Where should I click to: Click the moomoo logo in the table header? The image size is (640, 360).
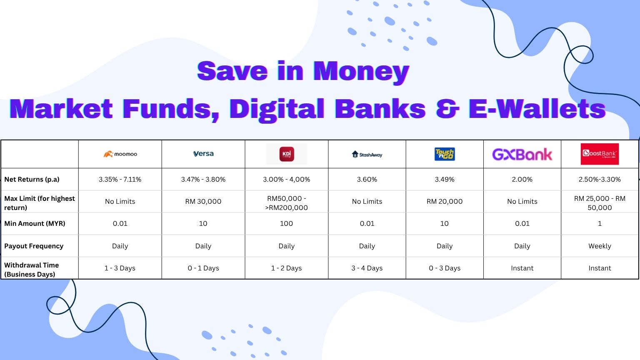[x=120, y=154]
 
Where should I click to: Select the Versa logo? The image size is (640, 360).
[x=203, y=154]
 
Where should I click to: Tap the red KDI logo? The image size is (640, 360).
[x=287, y=154]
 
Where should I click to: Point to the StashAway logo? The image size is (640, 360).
[x=367, y=154]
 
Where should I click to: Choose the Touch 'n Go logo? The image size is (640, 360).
[x=445, y=154]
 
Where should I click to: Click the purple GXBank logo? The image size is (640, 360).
[x=522, y=155]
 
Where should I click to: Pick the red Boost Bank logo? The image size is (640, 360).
[x=600, y=154]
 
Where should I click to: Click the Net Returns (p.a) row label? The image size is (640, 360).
[x=32, y=180]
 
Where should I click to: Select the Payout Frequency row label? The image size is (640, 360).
[x=34, y=246]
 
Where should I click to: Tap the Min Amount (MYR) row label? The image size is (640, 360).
[x=35, y=223]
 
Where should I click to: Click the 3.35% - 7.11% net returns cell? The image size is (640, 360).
[x=120, y=180]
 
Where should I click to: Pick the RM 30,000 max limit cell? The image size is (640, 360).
[x=203, y=201]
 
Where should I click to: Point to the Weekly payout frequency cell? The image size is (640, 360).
[x=600, y=246]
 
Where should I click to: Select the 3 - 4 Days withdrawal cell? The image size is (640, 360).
[x=367, y=268]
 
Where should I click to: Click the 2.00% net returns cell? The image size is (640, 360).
[x=522, y=180]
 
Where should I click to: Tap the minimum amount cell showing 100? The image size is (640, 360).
[x=286, y=223]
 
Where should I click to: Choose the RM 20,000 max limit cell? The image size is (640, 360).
[x=445, y=201]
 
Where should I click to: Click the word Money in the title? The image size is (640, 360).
[x=361, y=71]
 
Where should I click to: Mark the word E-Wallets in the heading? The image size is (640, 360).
[x=537, y=109]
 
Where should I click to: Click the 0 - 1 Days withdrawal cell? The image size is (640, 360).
[x=203, y=268]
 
